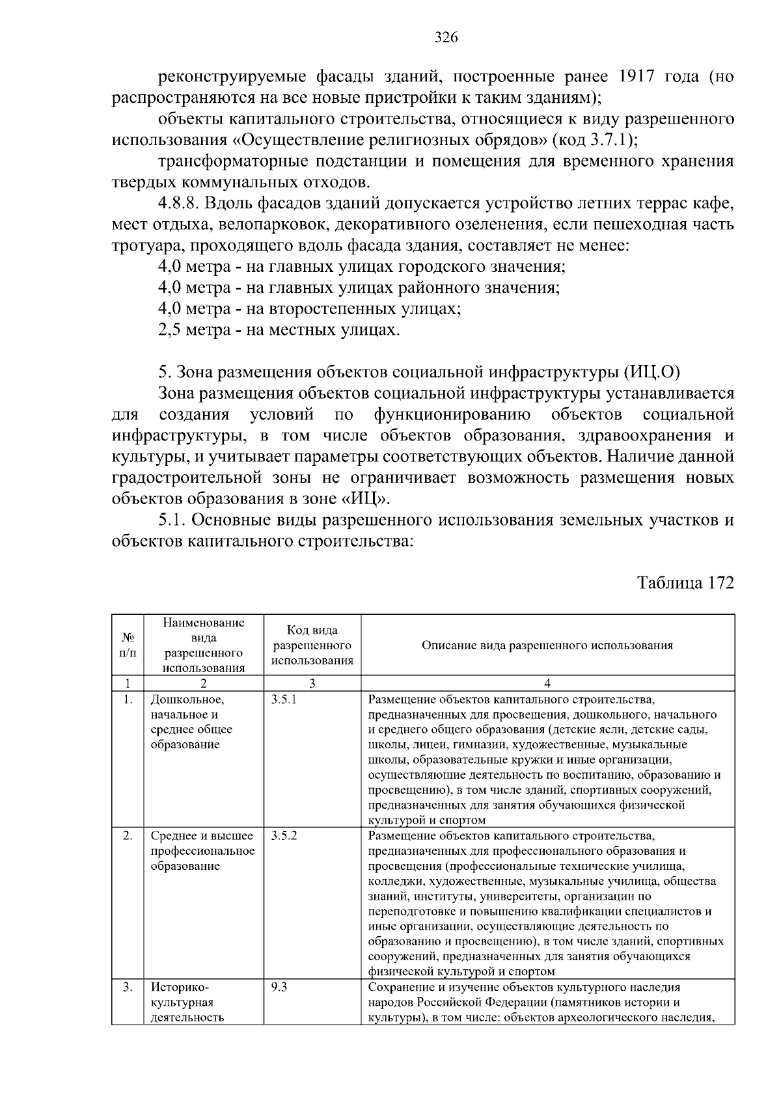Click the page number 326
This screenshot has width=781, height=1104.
446,38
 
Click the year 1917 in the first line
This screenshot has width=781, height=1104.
635,77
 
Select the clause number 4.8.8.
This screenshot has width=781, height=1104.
178,204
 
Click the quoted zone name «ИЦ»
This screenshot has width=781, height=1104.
369,499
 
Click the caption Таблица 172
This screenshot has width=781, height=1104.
685,582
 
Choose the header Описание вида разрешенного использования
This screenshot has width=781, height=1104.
547,645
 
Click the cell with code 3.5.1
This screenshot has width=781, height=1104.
284,700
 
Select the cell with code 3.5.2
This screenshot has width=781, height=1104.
284,835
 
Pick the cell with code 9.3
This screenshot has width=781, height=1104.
279,986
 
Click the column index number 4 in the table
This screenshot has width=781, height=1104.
547,683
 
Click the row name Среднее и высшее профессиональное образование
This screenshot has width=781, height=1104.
202,850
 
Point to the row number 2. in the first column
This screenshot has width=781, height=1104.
128,835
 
